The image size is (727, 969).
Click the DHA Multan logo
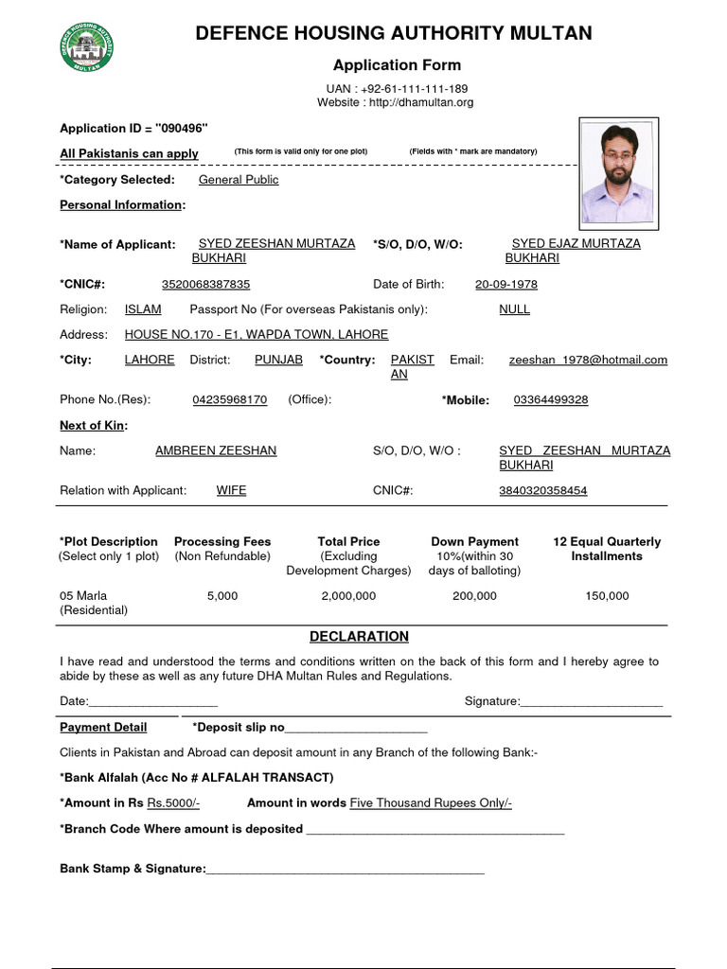[87, 46]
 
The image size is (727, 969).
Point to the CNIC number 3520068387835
[206, 284]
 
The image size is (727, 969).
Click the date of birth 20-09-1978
[506, 284]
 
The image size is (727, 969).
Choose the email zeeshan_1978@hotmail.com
[588, 360]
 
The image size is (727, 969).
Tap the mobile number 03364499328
[551, 399]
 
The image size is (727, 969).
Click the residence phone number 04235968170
[230, 399]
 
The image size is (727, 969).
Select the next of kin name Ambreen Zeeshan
[216, 450]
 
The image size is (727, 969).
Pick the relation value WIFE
[232, 490]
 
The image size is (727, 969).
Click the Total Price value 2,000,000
[348, 596]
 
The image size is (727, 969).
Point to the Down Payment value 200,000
[474, 596]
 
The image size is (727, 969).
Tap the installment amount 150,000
[607, 596]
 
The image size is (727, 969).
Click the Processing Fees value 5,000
[222, 596]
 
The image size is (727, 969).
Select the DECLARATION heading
[360, 637]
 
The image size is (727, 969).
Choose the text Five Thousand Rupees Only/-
[431, 802]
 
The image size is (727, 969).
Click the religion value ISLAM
[143, 309]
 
